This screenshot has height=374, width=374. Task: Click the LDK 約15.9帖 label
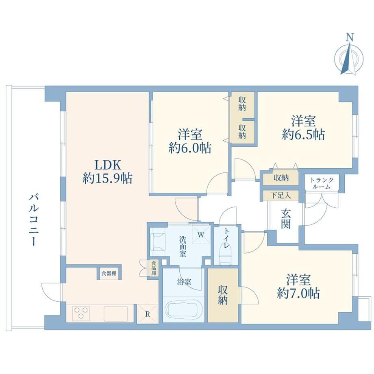108,171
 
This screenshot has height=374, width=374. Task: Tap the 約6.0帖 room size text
190,148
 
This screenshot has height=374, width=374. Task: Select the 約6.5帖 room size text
303,135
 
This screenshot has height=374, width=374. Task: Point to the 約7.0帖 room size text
298,293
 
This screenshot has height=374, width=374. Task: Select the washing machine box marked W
201,234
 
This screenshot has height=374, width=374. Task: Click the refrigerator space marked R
147,314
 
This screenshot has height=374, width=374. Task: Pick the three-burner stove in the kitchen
81,313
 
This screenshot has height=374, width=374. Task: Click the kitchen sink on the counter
115,314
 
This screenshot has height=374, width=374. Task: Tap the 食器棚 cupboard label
109,273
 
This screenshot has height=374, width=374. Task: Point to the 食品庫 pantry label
154,268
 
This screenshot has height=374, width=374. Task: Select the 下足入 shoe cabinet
280,196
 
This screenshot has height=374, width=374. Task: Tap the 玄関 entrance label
285,219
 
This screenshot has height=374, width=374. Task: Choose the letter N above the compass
350,37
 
